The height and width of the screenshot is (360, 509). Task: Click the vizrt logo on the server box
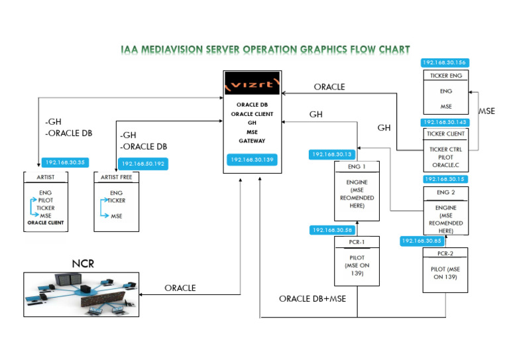click(253, 83)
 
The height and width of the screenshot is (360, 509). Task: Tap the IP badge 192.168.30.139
click(252, 160)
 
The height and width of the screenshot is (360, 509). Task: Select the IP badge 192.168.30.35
click(65, 162)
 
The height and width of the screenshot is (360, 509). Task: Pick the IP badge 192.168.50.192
click(143, 164)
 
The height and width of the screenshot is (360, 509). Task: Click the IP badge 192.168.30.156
click(445, 62)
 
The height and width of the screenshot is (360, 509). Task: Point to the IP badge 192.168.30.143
click(445, 123)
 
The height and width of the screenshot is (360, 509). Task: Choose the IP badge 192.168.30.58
click(333, 230)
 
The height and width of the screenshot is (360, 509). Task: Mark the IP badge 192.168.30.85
click(422, 241)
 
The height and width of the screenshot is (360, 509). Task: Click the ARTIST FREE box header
click(116, 177)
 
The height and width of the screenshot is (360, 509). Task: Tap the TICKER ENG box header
click(446, 76)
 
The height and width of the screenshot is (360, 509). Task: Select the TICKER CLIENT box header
click(445, 134)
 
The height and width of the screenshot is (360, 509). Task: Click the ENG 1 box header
click(357, 166)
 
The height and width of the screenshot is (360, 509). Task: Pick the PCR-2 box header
click(445, 253)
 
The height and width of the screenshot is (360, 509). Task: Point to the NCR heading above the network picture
click(83, 264)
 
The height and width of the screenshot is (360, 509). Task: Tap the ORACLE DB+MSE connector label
click(313, 298)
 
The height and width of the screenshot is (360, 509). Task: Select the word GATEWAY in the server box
click(252, 141)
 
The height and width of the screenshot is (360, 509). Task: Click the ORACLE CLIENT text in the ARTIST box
click(46, 223)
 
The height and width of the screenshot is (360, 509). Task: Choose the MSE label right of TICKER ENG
click(487, 111)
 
